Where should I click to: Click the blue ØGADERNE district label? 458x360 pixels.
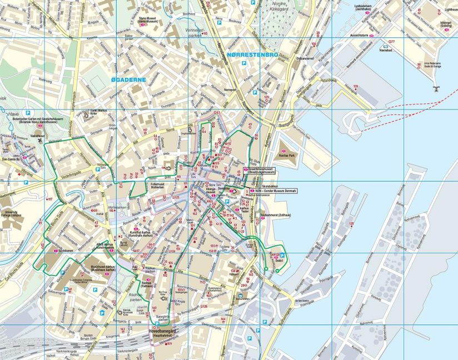point(128,80)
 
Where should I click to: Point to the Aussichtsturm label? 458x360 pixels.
point(360,34)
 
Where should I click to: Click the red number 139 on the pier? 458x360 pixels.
point(355,86)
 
